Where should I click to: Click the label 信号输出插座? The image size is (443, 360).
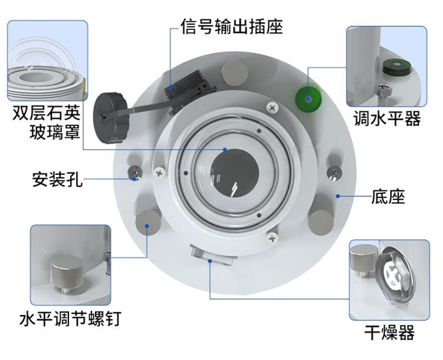(232, 27)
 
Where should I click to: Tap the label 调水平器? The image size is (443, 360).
(387, 118)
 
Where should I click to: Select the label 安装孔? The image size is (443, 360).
(57, 179)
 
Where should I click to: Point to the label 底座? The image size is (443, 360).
(388, 197)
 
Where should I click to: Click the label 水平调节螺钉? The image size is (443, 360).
(71, 319)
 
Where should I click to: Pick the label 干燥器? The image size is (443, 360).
(389, 333)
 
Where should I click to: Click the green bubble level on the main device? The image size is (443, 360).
(309, 99)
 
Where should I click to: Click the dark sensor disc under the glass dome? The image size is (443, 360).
(235, 173)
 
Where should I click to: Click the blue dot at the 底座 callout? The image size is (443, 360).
(337, 196)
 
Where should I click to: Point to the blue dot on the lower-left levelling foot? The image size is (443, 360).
(147, 225)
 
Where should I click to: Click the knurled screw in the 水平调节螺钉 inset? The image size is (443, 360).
(67, 273)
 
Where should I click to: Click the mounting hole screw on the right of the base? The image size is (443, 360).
(335, 172)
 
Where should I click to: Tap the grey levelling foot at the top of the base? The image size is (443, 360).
(235, 73)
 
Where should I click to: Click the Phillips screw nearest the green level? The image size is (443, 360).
(273, 107)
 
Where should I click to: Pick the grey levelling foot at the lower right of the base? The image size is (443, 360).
(321, 222)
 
